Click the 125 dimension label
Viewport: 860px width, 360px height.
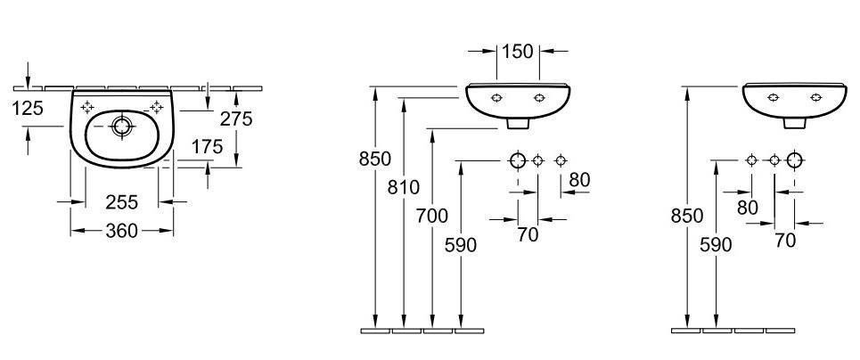pos(28,108)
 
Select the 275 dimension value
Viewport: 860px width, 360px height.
pos(236,118)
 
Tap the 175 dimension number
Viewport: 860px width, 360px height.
pos(208,146)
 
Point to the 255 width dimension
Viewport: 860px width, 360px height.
pos(122,202)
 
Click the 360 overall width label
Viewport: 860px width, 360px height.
pos(122,231)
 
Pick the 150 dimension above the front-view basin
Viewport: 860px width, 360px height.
pos(518,51)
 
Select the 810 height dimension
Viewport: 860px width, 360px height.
pos(403,188)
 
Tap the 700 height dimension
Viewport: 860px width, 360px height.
pos(431,217)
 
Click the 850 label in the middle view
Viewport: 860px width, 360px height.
pos(375,160)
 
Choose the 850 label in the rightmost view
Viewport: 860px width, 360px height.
pos(687,217)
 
